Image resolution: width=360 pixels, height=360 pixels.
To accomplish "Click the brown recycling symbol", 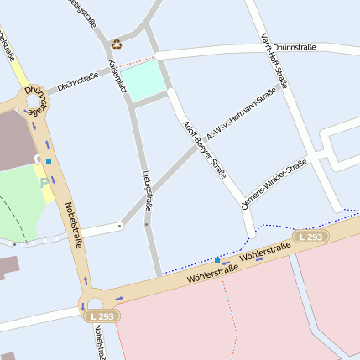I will (x=117, y=44).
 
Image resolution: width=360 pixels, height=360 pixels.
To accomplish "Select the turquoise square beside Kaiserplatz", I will (x=141, y=79).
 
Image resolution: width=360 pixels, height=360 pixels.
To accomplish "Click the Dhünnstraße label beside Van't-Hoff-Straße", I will (x=295, y=48).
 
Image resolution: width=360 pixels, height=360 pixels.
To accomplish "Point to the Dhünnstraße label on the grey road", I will (x=78, y=81).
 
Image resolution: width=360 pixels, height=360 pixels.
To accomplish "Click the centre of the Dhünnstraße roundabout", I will (x=34, y=104).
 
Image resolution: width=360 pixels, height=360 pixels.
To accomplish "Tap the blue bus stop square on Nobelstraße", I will (x=49, y=160).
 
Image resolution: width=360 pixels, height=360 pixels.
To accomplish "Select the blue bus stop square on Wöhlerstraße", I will (x=217, y=261).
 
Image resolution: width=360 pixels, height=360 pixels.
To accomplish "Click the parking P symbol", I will (x=44, y=181).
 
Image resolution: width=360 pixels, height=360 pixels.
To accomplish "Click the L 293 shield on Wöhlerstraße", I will (x=310, y=238).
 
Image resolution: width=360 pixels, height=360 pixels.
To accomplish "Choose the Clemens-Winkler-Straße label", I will (x=274, y=184).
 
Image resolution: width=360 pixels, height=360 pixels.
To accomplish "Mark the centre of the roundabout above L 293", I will (x=93, y=303).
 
